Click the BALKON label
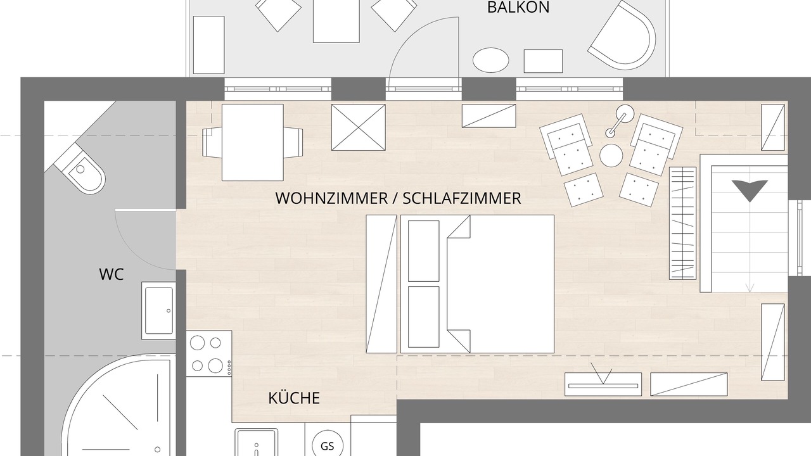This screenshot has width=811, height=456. (x=518, y=8)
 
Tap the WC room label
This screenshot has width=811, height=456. (x=112, y=274)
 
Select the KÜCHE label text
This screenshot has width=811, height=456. (x=294, y=398)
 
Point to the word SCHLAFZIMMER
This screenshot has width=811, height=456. (x=462, y=198)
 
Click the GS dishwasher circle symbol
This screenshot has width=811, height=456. (x=328, y=446)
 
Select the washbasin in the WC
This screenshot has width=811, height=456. (x=159, y=310)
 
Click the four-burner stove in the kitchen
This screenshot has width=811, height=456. (x=209, y=353)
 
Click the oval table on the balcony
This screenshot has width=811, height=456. (x=491, y=60)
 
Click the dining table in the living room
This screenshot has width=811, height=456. (x=253, y=142)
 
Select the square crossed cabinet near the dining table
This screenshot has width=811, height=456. (x=359, y=127)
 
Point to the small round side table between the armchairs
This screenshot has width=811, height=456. (x=611, y=155)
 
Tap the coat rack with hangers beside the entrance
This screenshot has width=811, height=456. (x=683, y=223)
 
